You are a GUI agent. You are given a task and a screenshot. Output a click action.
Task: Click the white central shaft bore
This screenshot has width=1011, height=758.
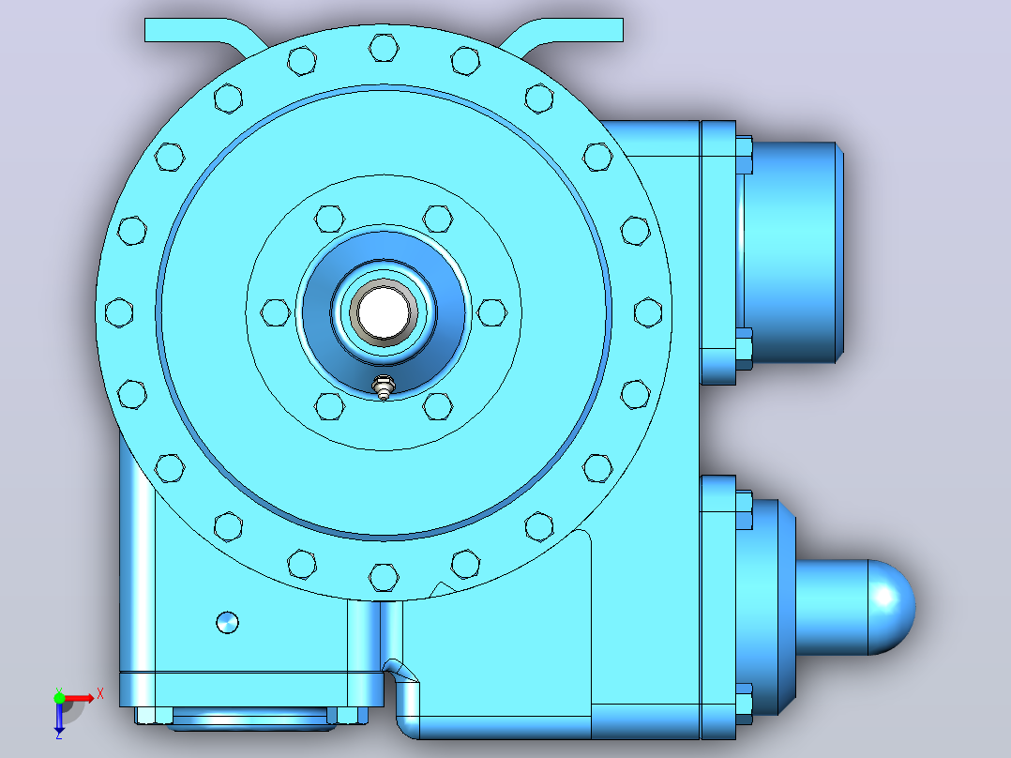384,312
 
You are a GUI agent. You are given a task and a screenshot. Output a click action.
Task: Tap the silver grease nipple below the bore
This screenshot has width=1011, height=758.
384,387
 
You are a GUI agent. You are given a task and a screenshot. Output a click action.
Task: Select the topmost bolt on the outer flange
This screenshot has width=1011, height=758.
384,48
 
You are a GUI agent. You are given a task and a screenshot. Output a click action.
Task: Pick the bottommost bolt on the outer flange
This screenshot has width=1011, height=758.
384,577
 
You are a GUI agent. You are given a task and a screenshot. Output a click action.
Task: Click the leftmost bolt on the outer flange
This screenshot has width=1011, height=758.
119,312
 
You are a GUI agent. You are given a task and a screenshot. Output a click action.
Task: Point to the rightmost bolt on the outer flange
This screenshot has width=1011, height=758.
648,312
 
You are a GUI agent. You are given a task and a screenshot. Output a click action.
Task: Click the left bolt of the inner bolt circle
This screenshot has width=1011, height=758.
276,312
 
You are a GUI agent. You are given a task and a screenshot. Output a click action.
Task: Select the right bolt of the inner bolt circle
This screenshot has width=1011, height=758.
492,312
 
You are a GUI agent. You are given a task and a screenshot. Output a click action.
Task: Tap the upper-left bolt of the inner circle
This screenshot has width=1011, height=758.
329,219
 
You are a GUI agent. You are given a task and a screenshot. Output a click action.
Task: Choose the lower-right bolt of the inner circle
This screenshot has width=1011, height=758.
438,406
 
